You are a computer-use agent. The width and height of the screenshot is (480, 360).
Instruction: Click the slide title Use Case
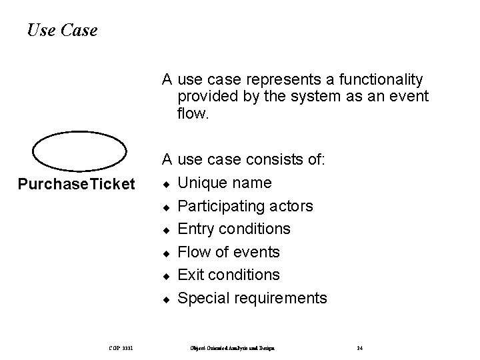tap(63, 30)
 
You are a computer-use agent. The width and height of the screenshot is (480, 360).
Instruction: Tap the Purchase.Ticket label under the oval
tap(76, 183)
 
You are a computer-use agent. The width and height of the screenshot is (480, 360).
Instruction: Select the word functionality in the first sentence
tap(381, 80)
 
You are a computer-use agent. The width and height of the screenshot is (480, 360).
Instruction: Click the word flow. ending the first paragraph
tap(193, 114)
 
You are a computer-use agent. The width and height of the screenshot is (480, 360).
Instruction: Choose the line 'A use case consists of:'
tap(243, 160)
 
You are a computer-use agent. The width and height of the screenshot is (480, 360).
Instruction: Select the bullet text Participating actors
tap(245, 206)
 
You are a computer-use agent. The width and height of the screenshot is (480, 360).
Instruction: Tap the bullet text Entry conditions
tap(234, 229)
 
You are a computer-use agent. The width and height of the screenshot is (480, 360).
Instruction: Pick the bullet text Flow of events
tap(229, 252)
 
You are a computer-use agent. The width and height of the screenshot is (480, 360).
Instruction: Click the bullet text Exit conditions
tap(229, 275)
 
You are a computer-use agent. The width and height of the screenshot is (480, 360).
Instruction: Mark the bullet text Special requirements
tap(252, 298)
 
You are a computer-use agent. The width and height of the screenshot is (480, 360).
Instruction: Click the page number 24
tap(359, 348)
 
